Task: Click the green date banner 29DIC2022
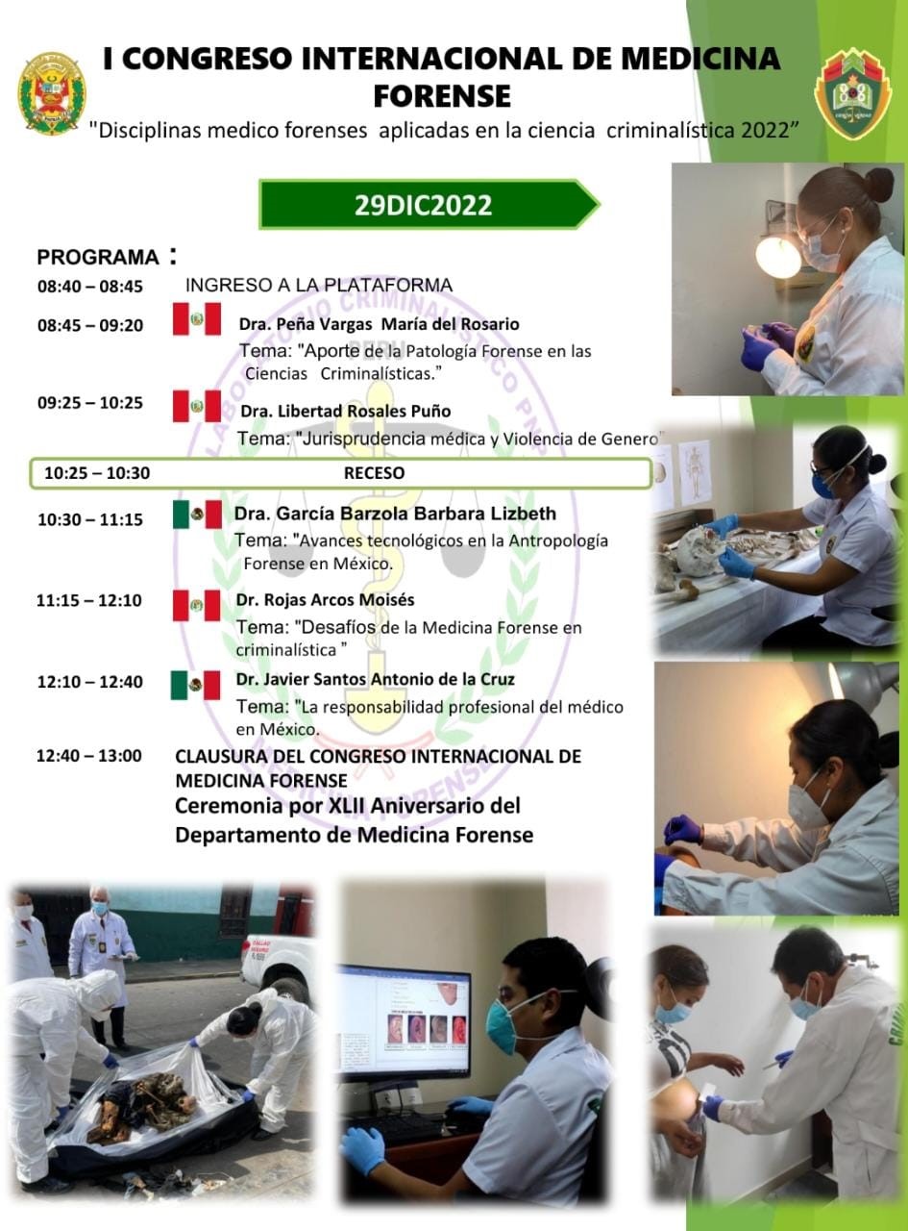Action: click(429, 204)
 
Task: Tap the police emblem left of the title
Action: click(52, 94)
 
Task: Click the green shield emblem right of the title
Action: click(851, 92)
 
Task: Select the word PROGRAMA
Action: click(98, 258)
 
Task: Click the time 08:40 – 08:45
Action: click(90, 287)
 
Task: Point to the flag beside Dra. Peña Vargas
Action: click(197, 318)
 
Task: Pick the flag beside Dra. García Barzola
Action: click(198, 515)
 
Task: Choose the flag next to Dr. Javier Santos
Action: click(195, 685)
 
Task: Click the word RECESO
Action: click(375, 473)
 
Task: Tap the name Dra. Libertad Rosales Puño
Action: click(346, 412)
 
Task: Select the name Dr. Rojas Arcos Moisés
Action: click(325, 600)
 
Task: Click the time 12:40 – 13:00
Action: click(89, 756)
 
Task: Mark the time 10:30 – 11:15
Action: click(90, 520)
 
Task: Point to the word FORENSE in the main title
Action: click(442, 96)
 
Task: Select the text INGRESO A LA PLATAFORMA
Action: click(319, 286)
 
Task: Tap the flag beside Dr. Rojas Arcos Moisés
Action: click(196, 605)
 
